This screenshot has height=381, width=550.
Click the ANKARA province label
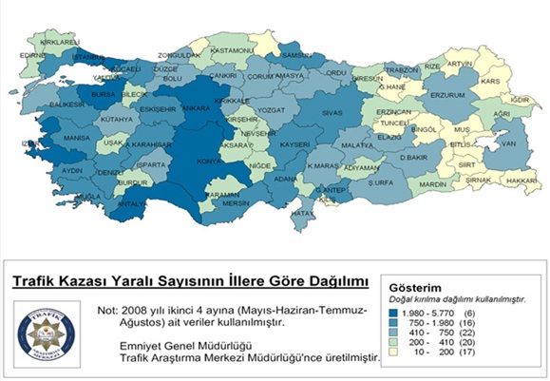pyautogui.click(x=196, y=109)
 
